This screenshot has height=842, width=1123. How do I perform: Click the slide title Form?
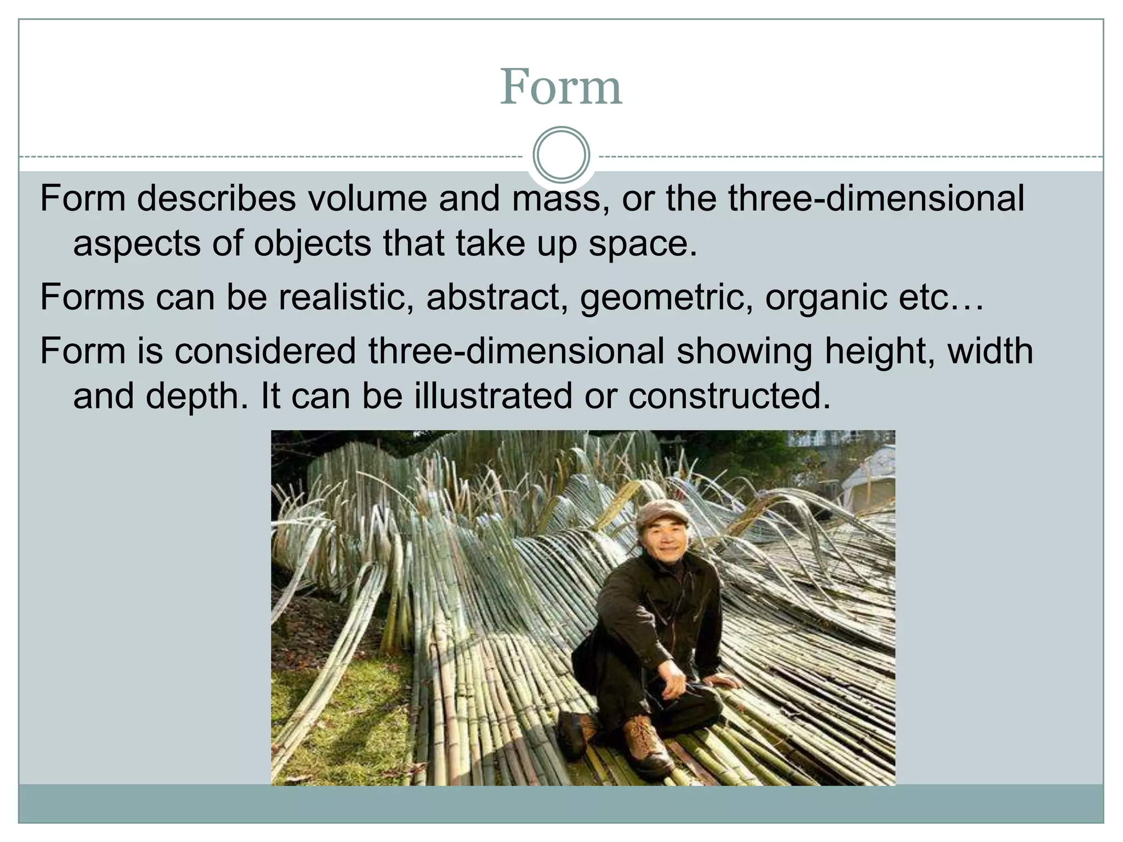pos(561,87)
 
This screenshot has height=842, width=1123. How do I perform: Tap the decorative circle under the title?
pos(561,155)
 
